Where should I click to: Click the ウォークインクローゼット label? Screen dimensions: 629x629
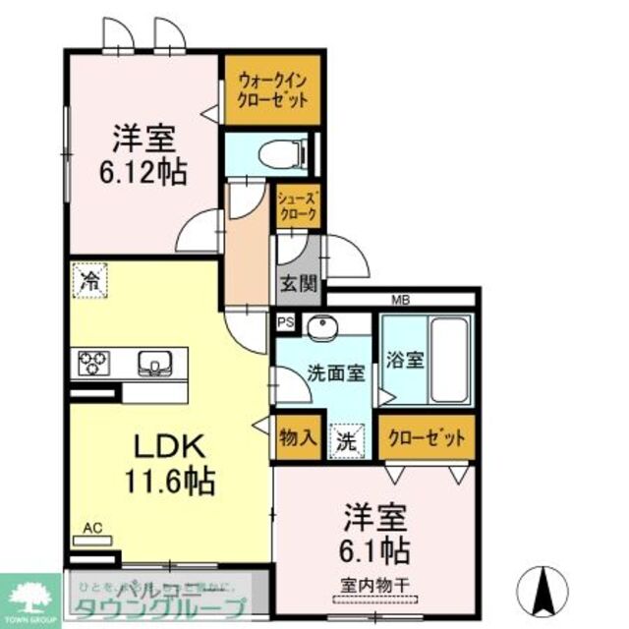[x=272, y=90]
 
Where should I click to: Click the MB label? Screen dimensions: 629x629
[x=401, y=300]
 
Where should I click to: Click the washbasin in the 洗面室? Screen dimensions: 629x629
[x=319, y=327]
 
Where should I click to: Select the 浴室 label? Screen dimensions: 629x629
[x=404, y=360]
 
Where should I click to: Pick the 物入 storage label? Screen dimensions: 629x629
[x=297, y=438]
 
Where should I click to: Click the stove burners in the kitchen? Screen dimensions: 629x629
[x=92, y=364]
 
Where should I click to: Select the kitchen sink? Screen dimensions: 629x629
[x=153, y=364]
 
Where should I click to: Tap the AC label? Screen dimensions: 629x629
[x=93, y=529]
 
